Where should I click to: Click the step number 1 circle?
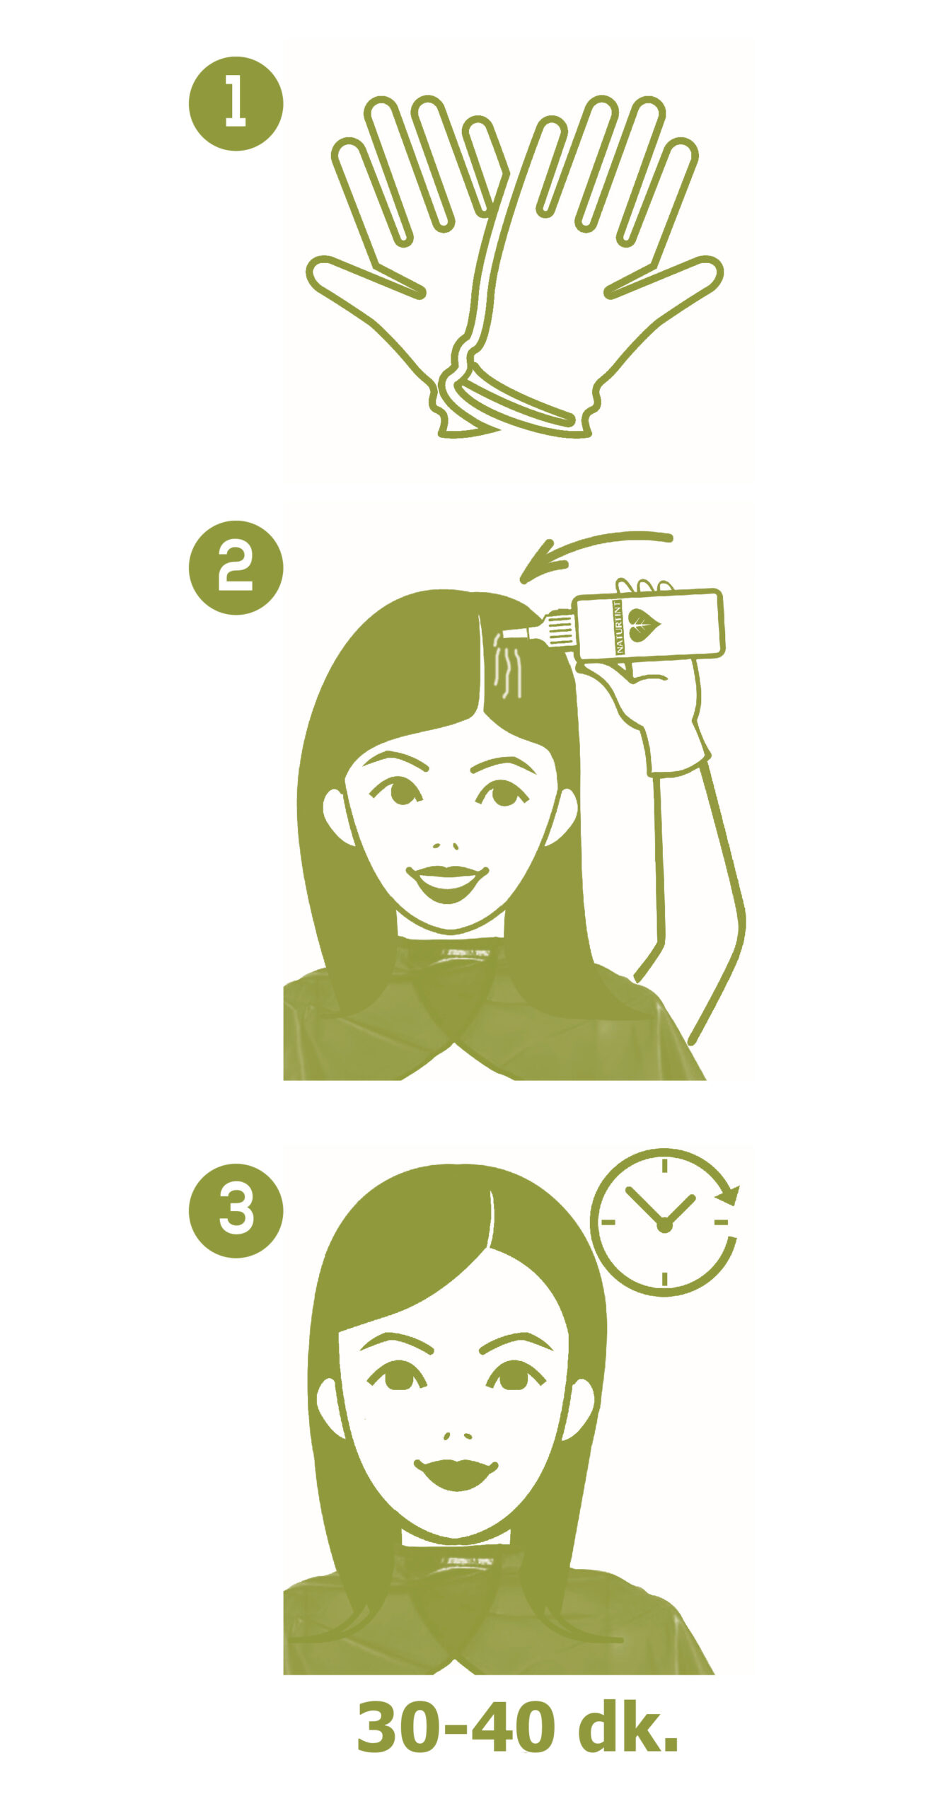click(x=236, y=103)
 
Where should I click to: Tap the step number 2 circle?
click(x=236, y=567)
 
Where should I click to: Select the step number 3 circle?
click(x=236, y=1210)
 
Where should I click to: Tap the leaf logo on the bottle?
click(x=643, y=625)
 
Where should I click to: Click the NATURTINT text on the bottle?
click(x=618, y=627)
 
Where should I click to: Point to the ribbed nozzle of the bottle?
click(x=560, y=629)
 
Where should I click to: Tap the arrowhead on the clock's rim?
click(x=729, y=1196)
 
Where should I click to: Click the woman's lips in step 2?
click(x=447, y=882)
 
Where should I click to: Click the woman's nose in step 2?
click(x=446, y=845)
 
